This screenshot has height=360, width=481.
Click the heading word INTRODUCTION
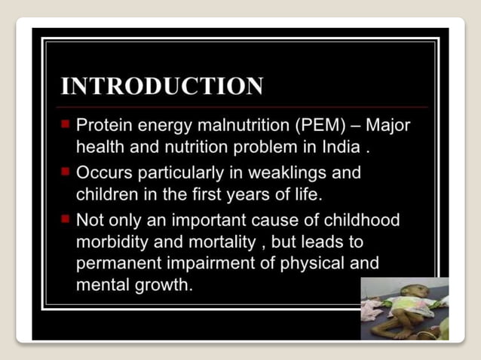[x=162, y=86]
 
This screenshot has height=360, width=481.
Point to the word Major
[x=388, y=125]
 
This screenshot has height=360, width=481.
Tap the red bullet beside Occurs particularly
[x=66, y=171]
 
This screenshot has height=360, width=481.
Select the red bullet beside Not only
[x=66, y=218]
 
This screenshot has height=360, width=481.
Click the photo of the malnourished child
[x=404, y=309]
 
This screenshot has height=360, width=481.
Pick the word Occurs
[x=102, y=173]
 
